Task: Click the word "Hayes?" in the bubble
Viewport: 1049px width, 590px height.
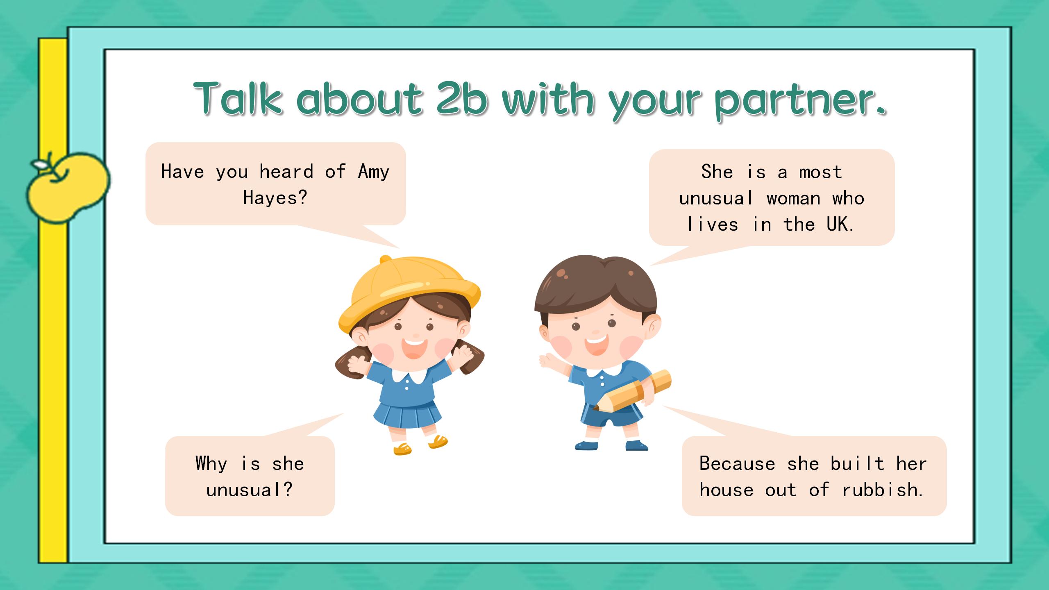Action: click(x=275, y=197)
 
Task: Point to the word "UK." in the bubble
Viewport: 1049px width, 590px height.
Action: click(x=840, y=224)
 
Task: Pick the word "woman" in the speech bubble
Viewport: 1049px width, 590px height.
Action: click(x=794, y=198)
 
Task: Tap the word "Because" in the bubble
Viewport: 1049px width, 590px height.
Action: click(x=737, y=463)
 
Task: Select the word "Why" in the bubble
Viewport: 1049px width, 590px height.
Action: click(x=211, y=464)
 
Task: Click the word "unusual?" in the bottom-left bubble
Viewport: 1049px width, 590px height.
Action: click(x=250, y=490)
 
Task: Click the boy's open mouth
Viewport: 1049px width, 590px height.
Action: click(x=596, y=344)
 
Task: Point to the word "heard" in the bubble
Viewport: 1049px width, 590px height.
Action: click(x=286, y=171)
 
